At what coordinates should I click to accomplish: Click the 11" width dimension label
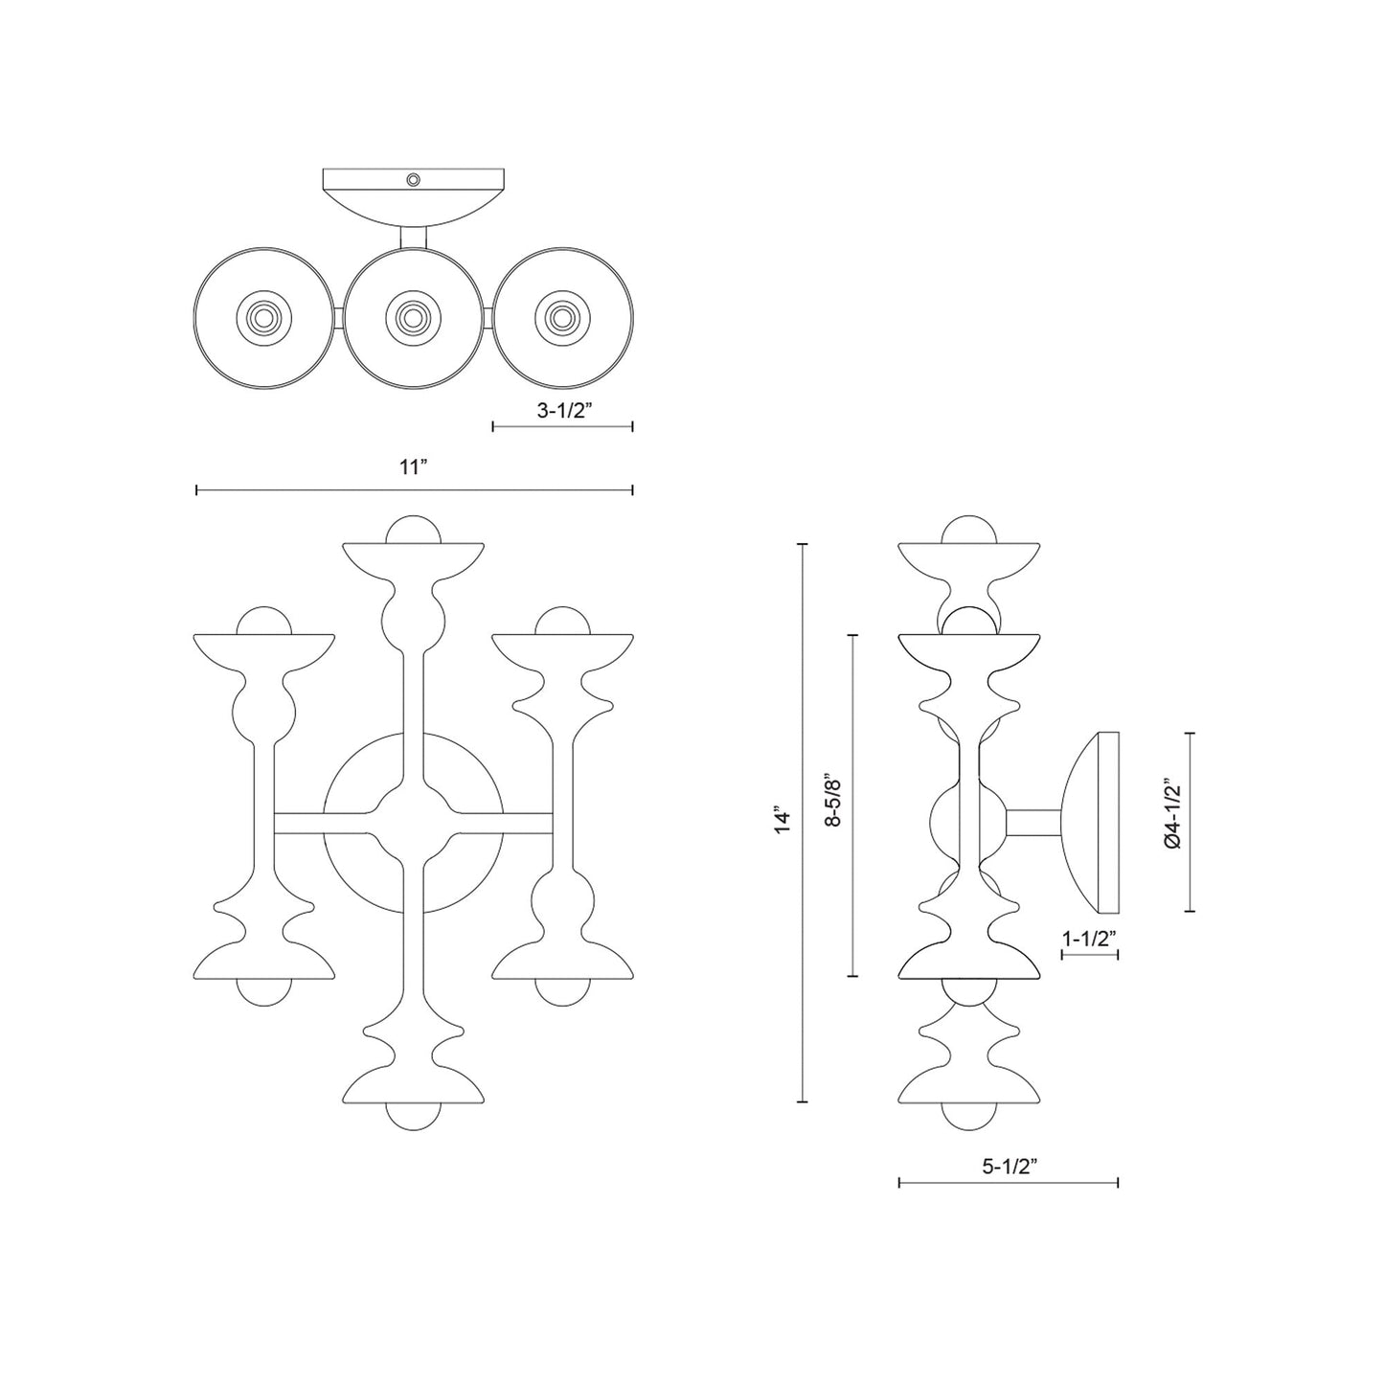[412, 468]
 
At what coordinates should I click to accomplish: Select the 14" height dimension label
[784, 822]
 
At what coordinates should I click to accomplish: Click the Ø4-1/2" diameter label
[1170, 815]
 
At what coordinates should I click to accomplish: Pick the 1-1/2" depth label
[1090, 939]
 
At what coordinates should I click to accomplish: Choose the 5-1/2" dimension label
[1009, 1166]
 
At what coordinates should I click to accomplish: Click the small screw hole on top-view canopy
[413, 179]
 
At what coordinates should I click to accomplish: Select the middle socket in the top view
[413, 315]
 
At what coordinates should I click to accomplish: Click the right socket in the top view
[561, 316]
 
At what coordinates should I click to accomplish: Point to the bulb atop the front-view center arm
[412, 528]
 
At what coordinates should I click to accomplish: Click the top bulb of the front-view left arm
[263, 621]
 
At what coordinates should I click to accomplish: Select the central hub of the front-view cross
[412, 821]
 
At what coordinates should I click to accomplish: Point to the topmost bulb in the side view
[970, 530]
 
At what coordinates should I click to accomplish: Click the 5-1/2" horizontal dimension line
[1009, 1184]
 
